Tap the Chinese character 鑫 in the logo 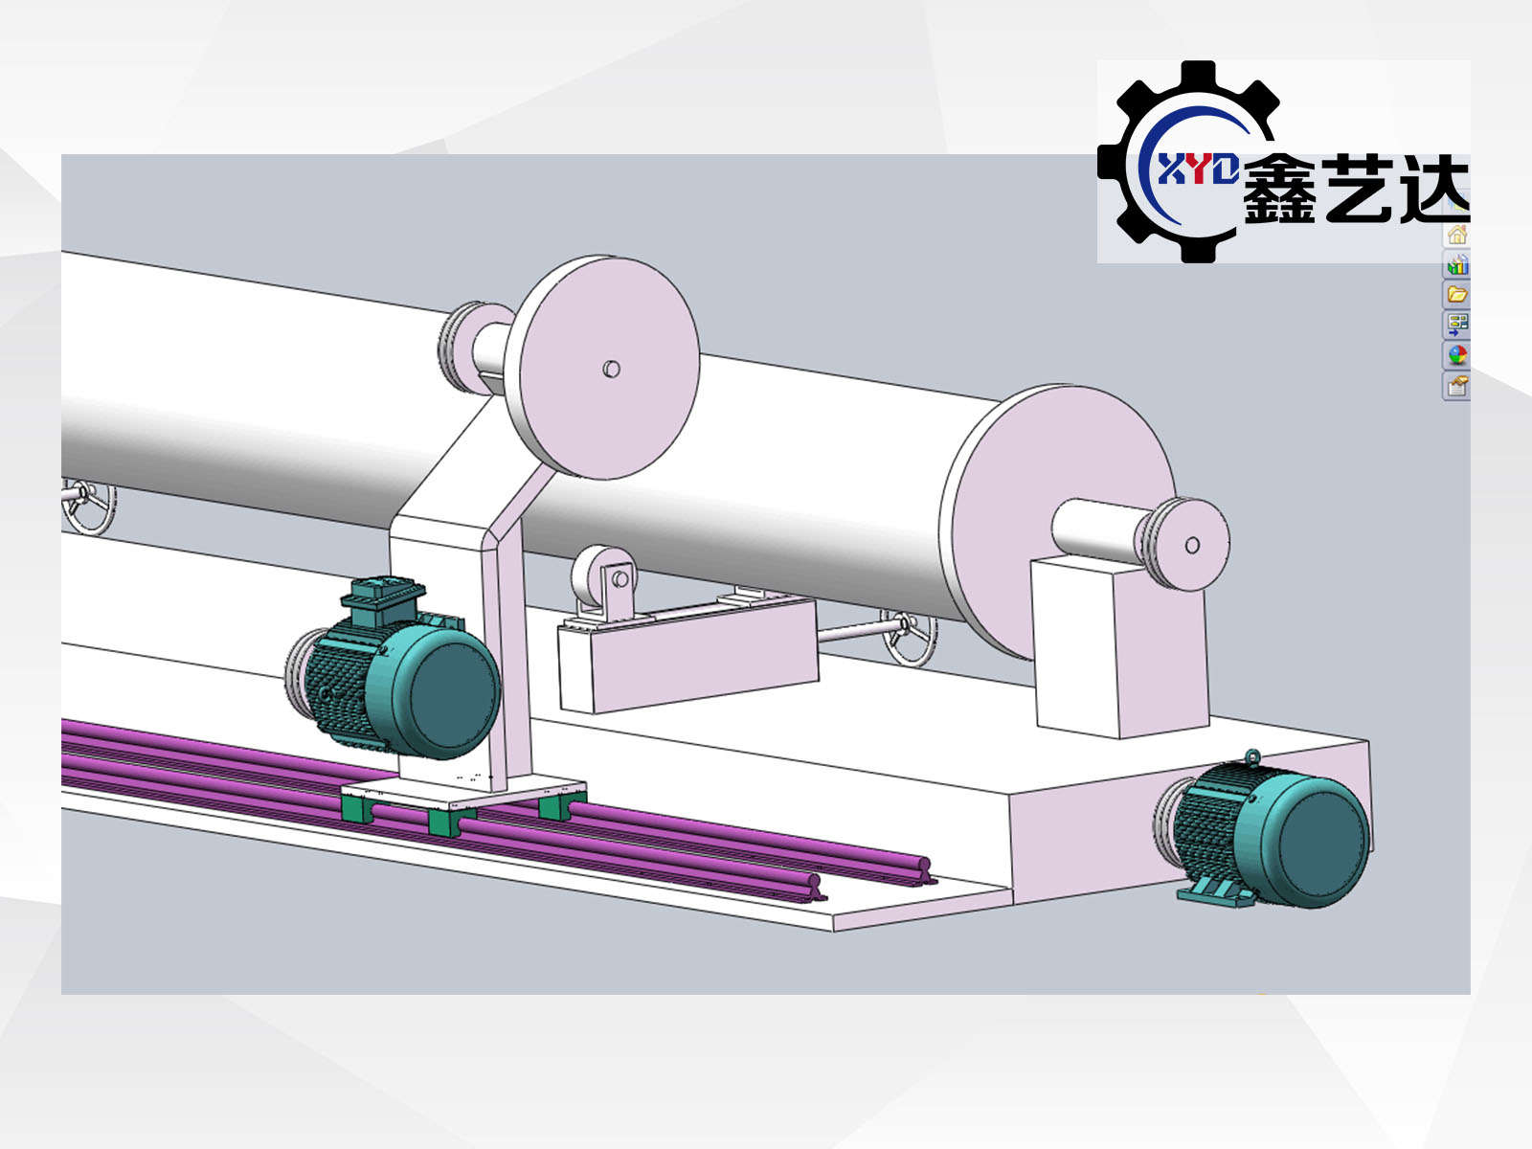1279,189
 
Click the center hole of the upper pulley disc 612,369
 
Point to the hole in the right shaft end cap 1193,545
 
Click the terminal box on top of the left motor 382,600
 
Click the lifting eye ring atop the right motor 1253,756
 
